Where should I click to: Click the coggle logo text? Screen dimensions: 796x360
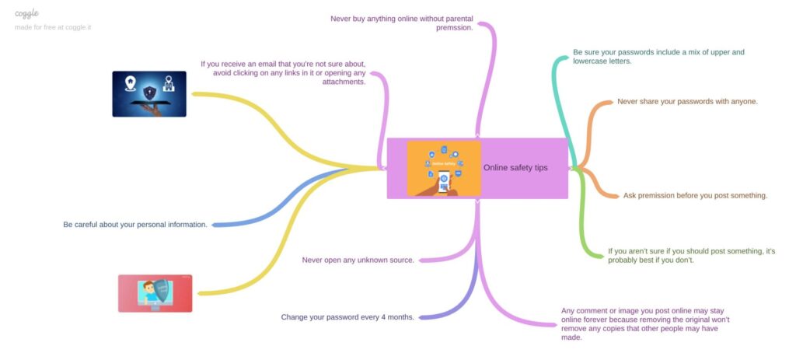[x=27, y=13]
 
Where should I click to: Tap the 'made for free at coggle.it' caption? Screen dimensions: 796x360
[x=53, y=27]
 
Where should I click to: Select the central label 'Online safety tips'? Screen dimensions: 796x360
[x=515, y=168]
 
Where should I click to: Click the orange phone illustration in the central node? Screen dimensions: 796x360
[x=444, y=169]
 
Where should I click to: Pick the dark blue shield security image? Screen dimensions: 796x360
[x=149, y=94]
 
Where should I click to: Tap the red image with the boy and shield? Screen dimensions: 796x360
[x=155, y=293]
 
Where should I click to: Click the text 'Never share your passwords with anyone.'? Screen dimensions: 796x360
[x=687, y=102]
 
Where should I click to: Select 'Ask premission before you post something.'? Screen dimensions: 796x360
[x=696, y=195]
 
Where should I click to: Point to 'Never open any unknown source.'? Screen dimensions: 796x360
[x=358, y=260]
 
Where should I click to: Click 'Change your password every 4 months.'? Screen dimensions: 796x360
[x=347, y=317]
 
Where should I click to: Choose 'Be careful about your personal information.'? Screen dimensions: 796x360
[x=135, y=225]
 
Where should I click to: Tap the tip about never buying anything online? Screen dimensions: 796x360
[x=402, y=23]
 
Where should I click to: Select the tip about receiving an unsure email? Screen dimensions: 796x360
[x=283, y=72]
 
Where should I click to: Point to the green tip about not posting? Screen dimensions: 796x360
[x=691, y=255]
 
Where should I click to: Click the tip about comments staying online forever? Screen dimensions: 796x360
[x=645, y=323]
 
